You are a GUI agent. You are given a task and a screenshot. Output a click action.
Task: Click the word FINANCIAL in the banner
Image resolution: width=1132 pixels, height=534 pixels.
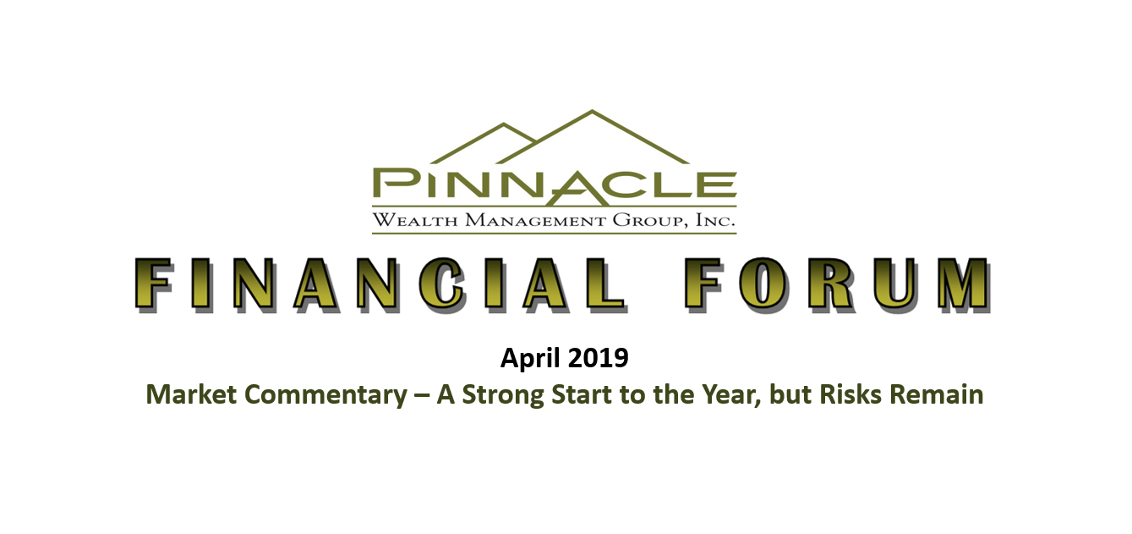tap(381, 284)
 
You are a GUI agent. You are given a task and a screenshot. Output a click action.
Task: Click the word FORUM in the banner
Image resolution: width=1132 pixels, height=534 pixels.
tap(838, 284)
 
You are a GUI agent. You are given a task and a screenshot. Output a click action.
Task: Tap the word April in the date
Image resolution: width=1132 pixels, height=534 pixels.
tap(530, 359)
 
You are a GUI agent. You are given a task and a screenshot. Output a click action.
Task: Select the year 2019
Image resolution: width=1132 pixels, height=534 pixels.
tap(599, 358)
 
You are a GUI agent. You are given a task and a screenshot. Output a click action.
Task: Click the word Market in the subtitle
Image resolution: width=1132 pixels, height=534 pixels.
tap(191, 395)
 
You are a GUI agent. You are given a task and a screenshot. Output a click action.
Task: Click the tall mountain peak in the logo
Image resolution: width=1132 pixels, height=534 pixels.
tap(592, 111)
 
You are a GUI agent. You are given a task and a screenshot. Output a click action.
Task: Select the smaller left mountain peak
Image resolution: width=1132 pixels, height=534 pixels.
tap(503, 124)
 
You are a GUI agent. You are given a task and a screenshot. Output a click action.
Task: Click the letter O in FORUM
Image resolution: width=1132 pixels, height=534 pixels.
tap(763, 284)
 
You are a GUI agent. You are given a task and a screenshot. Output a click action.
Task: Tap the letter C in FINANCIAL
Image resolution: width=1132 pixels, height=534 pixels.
tap(441, 284)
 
